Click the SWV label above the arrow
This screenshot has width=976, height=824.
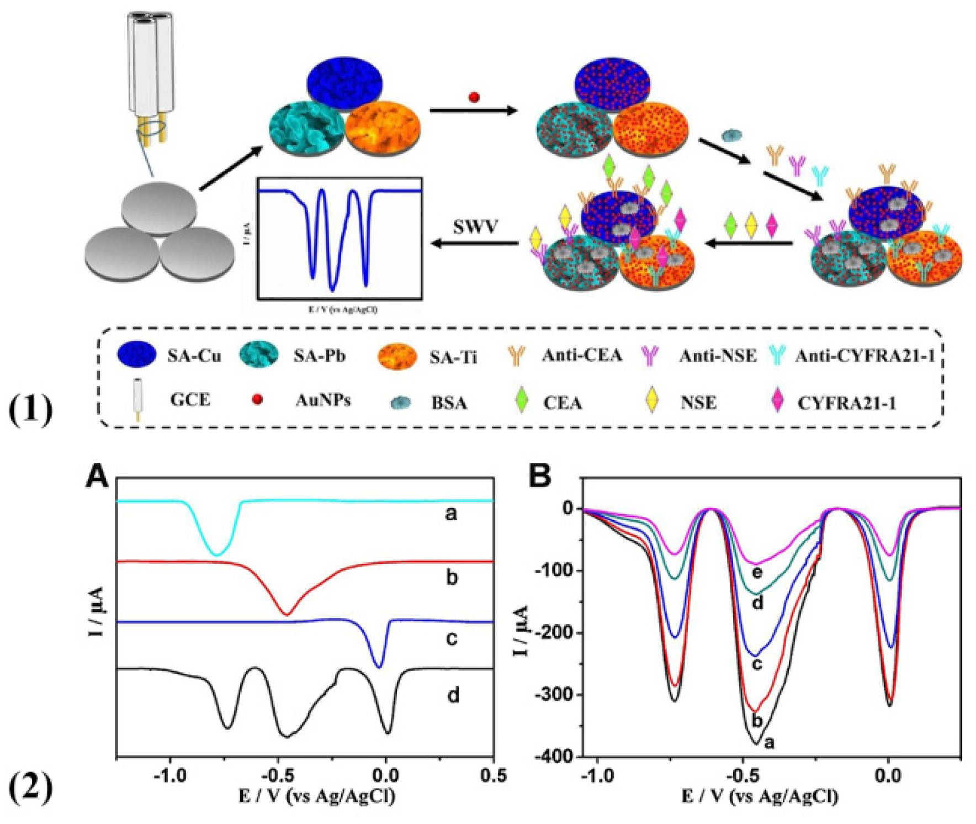[475, 227]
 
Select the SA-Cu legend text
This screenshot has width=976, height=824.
[194, 356]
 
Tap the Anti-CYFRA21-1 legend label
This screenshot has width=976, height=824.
[864, 356]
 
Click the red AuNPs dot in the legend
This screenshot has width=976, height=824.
[257, 399]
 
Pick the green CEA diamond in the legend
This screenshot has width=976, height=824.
[521, 401]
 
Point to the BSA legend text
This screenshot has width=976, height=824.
[449, 403]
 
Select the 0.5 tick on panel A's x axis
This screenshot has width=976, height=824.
[493, 775]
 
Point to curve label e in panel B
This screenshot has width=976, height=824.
[757, 572]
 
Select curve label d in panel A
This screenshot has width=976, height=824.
[453, 695]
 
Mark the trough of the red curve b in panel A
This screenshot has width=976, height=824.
[286, 614]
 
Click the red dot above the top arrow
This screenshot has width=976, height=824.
[474, 97]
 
